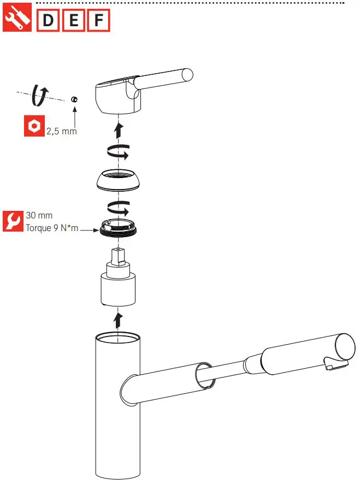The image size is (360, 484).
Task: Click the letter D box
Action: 48,21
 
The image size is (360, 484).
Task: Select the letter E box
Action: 73,21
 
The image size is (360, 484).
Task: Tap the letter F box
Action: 98,21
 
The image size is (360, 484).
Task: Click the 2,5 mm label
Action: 61,131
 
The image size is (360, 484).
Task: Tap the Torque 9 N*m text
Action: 52,228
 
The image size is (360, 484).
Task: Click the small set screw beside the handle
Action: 74,99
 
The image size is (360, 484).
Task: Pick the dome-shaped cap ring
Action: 119,180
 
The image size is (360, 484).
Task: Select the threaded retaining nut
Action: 119,226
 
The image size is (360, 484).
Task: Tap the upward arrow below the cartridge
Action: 119,318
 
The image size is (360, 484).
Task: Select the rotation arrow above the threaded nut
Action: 119,208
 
